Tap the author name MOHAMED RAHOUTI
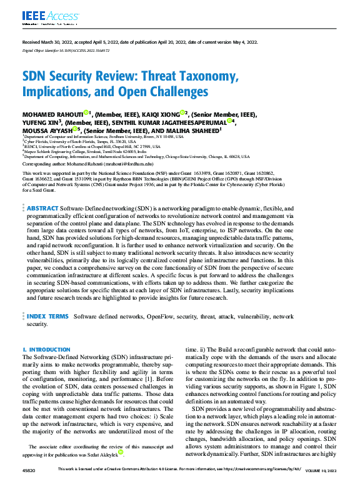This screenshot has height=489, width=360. [x=54, y=114]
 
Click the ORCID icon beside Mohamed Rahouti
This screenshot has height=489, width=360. [x=89, y=114]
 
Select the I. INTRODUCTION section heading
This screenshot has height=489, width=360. [x=42, y=350]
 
